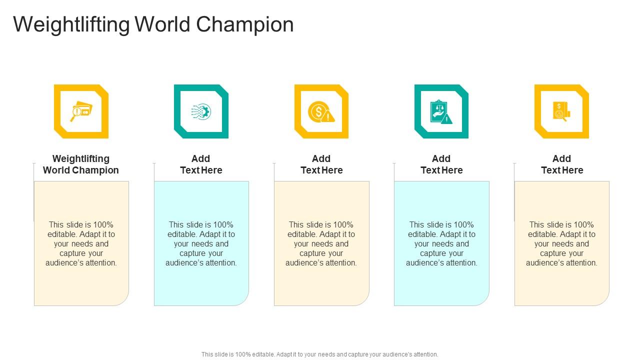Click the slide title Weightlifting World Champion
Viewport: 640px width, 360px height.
(153, 24)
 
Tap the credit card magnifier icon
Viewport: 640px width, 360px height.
(81, 111)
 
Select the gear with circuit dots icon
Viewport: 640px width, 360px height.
(201, 111)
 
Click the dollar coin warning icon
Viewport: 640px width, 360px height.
(321, 111)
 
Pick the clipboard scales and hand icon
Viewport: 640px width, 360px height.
(441, 111)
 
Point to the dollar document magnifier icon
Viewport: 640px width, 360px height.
(561, 111)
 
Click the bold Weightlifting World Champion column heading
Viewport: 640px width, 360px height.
(81, 164)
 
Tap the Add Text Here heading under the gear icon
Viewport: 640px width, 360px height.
(201, 164)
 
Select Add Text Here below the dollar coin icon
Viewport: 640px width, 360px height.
(321, 164)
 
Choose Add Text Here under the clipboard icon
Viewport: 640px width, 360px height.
(441, 164)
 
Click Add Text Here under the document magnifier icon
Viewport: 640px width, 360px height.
(562, 164)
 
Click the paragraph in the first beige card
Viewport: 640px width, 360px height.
(81, 243)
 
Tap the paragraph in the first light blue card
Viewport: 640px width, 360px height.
(201, 243)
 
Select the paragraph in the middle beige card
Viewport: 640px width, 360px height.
(321, 243)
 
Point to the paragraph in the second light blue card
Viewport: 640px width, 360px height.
(441, 243)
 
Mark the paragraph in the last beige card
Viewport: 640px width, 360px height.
(561, 243)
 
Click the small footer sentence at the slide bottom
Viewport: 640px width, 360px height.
(320, 354)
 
